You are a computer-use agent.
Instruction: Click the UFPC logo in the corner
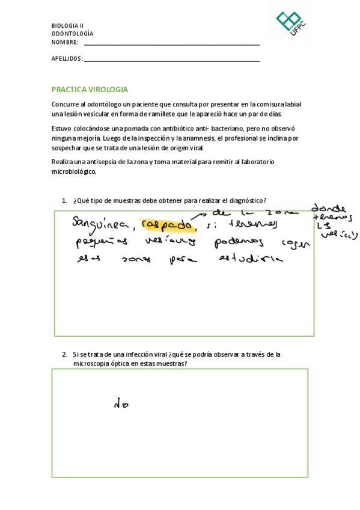[x=290, y=23]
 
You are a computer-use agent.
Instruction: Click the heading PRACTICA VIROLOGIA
[x=90, y=89]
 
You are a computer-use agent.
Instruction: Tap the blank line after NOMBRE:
[x=172, y=44]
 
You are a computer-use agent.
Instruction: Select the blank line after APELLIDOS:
[x=172, y=60]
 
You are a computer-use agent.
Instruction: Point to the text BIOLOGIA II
[x=67, y=26]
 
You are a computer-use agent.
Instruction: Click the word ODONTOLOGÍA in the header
[x=72, y=34]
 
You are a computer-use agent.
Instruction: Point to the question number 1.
[x=64, y=200]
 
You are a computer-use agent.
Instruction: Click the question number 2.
[x=64, y=354]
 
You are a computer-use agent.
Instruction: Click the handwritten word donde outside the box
[x=328, y=208]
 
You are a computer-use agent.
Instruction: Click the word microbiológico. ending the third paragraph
[x=73, y=171]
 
